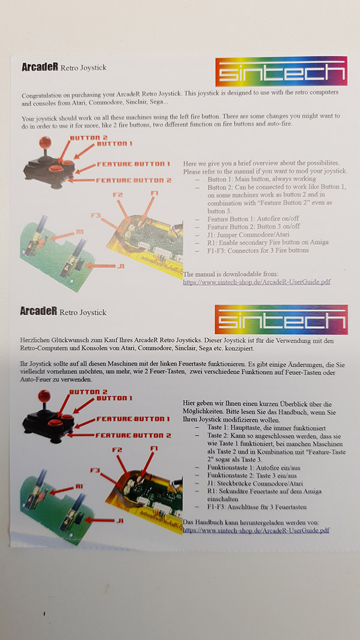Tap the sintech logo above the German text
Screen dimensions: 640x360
click(281, 320)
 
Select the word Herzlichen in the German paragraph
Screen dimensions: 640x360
click(38, 341)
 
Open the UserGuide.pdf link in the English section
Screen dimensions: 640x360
click(256, 281)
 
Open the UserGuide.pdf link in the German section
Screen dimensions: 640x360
click(256, 530)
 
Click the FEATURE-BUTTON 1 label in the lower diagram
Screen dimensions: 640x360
click(133, 419)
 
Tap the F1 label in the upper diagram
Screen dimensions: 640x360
click(155, 193)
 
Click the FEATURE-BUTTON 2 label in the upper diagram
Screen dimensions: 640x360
click(133, 180)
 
